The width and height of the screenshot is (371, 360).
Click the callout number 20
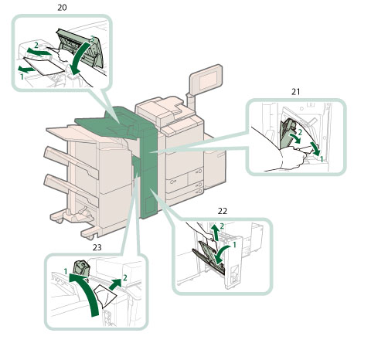(x=62, y=8)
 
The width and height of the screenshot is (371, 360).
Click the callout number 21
(x=295, y=91)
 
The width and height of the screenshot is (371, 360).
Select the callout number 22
(x=223, y=211)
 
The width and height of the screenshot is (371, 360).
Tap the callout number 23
(x=97, y=247)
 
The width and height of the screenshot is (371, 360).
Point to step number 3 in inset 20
(x=92, y=39)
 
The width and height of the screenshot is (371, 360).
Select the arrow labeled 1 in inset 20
(x=26, y=69)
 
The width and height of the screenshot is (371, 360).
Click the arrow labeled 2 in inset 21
(x=295, y=138)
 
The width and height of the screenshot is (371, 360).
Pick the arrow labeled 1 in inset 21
(x=315, y=148)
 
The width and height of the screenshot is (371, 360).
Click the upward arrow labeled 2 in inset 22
(x=216, y=233)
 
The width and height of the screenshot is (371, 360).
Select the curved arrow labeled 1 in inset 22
(x=222, y=254)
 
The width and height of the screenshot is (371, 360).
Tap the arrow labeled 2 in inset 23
(x=115, y=284)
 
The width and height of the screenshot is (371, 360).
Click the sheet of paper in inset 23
(x=105, y=297)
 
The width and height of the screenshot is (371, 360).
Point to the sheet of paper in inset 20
(x=44, y=66)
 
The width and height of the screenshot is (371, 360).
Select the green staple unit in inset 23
(x=81, y=268)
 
